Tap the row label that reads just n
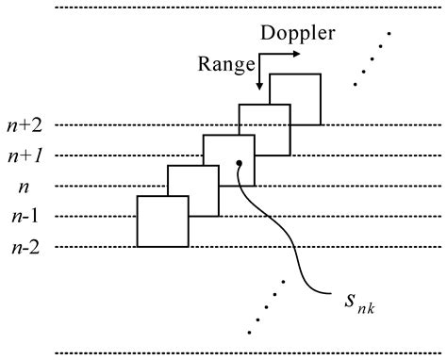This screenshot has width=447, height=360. click(25, 187)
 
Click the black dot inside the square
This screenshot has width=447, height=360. click(240, 163)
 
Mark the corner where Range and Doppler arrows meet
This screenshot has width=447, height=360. click(260, 54)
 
